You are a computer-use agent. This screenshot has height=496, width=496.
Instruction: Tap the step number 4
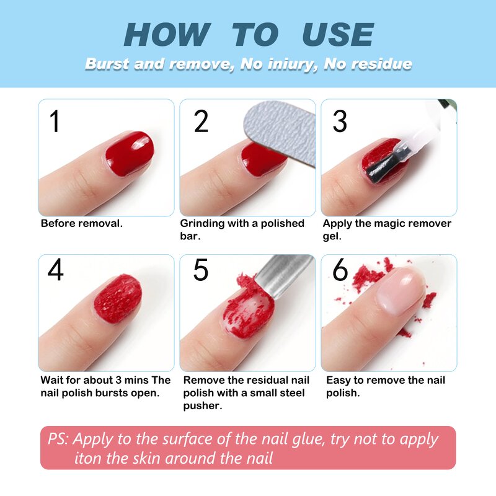click(x=56, y=270)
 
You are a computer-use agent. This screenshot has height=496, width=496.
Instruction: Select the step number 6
click(x=340, y=270)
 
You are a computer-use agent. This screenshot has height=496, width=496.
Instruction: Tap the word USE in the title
click(x=337, y=35)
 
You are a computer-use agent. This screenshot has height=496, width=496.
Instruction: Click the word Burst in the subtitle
click(x=106, y=64)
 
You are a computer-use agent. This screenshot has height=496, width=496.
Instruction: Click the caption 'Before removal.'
click(x=81, y=223)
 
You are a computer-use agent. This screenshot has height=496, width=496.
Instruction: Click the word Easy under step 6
click(x=339, y=380)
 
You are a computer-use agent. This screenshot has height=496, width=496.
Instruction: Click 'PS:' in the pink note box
click(x=59, y=440)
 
